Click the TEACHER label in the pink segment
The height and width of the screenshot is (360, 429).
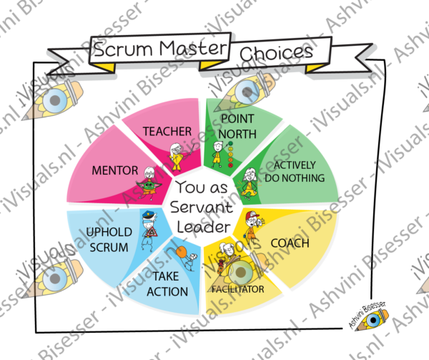[x=167, y=132]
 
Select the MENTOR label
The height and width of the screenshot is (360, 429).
[x=115, y=170]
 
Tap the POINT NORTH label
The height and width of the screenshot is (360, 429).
[x=237, y=127]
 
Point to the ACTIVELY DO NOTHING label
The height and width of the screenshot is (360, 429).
[x=295, y=172]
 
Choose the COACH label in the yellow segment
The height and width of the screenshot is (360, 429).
[x=290, y=243]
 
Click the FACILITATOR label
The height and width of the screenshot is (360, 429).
[x=238, y=289]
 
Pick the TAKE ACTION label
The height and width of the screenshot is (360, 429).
[x=167, y=284]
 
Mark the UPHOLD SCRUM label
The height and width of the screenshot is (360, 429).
[x=109, y=240]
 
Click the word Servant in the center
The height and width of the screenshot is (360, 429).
[x=202, y=207]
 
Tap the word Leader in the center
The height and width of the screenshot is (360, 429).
[x=204, y=227]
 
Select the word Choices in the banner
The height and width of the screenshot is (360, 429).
[x=276, y=52]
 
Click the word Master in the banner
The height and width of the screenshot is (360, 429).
[x=193, y=48]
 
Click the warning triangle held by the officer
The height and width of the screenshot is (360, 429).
[x=152, y=233]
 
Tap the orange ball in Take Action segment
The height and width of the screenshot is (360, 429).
[x=182, y=252]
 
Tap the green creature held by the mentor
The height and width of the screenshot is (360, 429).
[x=149, y=186]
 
